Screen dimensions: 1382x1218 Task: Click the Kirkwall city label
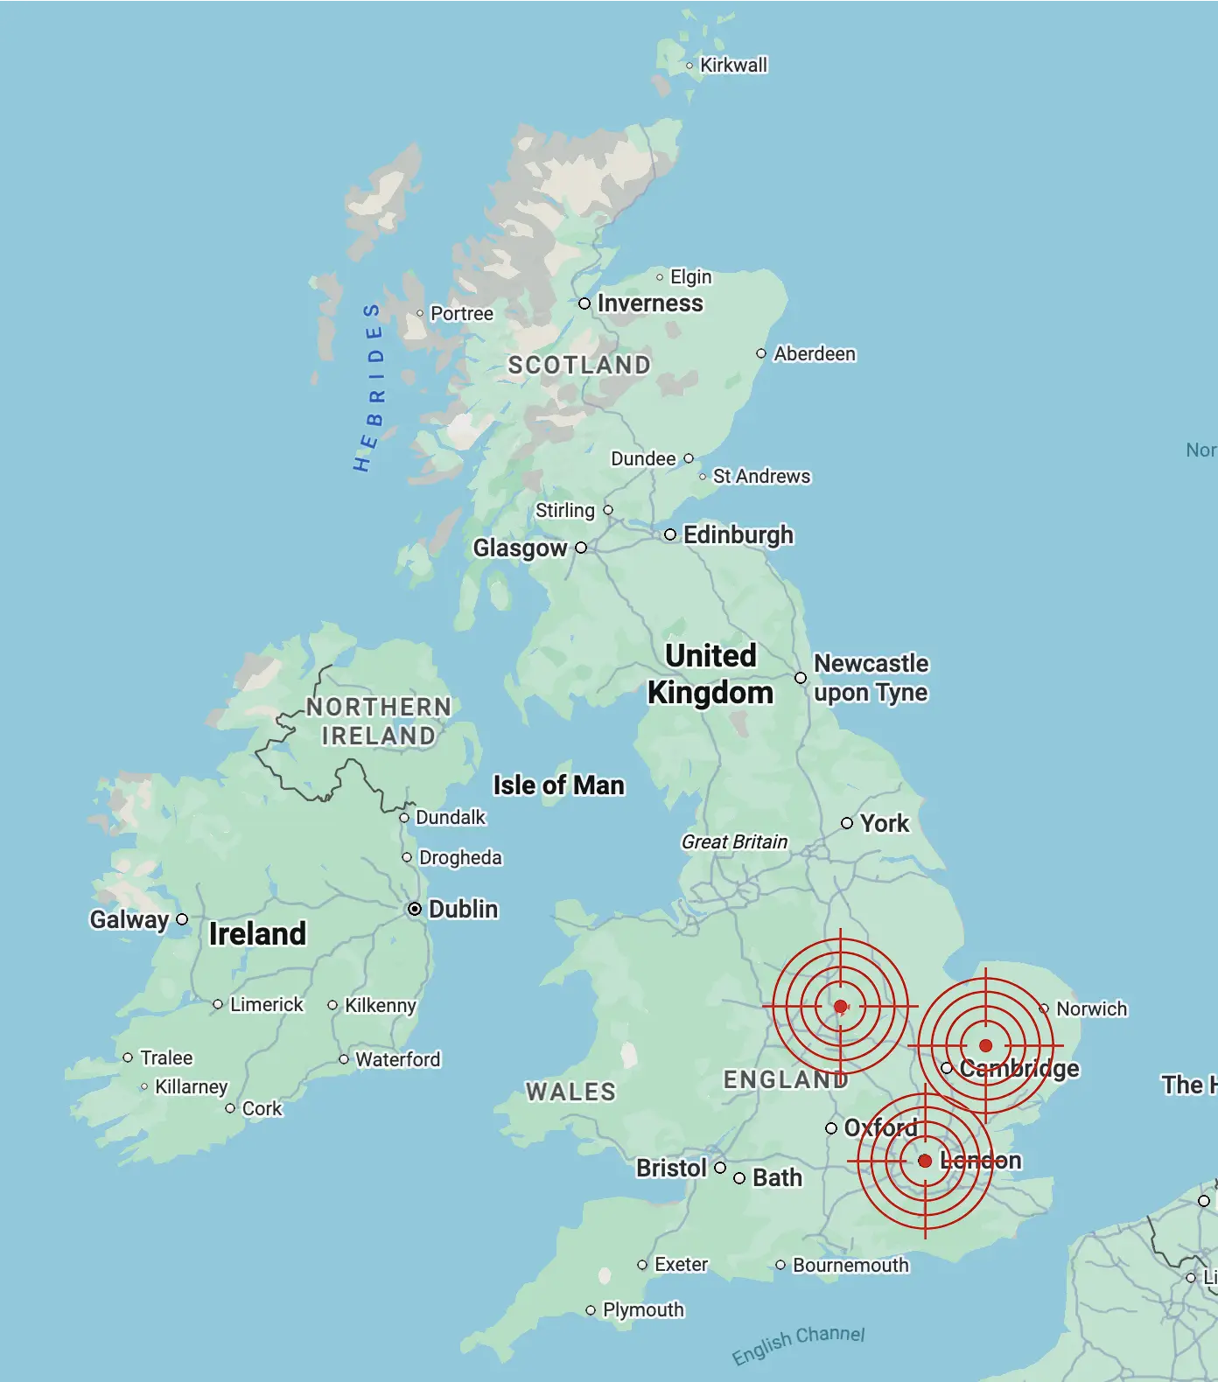point(733,66)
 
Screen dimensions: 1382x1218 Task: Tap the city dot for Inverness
point(584,304)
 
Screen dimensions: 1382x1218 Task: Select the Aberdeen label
point(815,354)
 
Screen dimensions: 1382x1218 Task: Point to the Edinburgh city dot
point(670,534)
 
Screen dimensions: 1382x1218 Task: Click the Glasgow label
point(520,548)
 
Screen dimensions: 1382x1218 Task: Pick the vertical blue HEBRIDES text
point(371,387)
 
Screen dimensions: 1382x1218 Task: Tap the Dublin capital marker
point(415,910)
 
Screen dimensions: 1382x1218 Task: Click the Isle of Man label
point(558,785)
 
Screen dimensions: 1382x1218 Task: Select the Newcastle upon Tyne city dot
point(801,678)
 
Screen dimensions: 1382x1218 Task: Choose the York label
point(885,824)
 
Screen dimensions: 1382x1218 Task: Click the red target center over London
point(925,1161)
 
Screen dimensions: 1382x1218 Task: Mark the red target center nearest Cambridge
point(985,1045)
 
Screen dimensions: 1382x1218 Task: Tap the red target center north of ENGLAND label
point(840,1007)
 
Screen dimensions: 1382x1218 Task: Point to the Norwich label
point(1091,1009)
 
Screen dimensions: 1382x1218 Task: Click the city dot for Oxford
point(831,1128)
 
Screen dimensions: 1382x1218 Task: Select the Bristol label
point(671,1169)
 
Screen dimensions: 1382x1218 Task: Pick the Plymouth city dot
point(591,1310)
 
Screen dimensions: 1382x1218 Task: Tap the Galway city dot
point(182,919)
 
